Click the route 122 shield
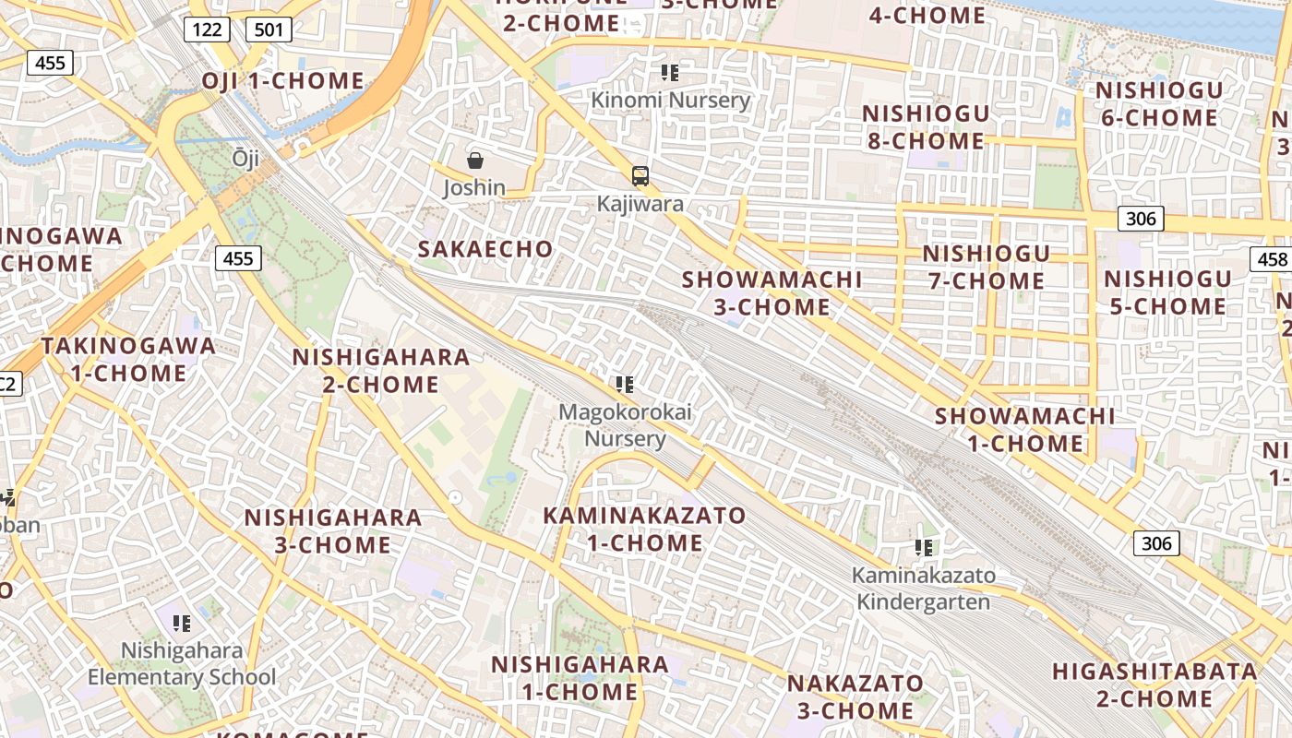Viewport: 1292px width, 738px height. click(x=207, y=30)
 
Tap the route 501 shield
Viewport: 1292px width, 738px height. click(x=269, y=30)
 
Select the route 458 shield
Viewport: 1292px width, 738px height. click(x=1272, y=259)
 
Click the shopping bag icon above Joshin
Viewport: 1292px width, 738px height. click(x=475, y=161)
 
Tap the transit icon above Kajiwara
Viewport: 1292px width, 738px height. click(x=640, y=176)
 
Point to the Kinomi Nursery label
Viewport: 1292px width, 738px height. click(x=670, y=100)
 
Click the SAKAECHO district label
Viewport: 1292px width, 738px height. click(x=485, y=249)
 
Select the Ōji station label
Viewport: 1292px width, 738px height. click(x=245, y=158)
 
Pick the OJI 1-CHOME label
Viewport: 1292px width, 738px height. click(x=283, y=81)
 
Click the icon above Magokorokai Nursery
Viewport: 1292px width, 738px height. click(x=625, y=384)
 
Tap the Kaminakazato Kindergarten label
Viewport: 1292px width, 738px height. click(x=923, y=589)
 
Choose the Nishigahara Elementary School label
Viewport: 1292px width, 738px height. click(x=182, y=664)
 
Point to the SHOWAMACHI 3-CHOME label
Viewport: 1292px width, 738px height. click(x=772, y=292)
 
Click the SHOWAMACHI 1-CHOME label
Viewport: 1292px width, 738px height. click(x=1024, y=429)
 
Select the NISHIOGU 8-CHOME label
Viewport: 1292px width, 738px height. click(x=925, y=127)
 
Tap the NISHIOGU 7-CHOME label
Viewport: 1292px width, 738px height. click(x=986, y=267)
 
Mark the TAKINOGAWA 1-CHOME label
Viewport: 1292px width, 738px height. click(x=128, y=360)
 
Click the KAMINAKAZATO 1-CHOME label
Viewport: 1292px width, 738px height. click(x=644, y=529)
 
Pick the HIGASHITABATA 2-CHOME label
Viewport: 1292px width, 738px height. click(x=1154, y=684)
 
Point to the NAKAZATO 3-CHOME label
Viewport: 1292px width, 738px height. click(x=855, y=696)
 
